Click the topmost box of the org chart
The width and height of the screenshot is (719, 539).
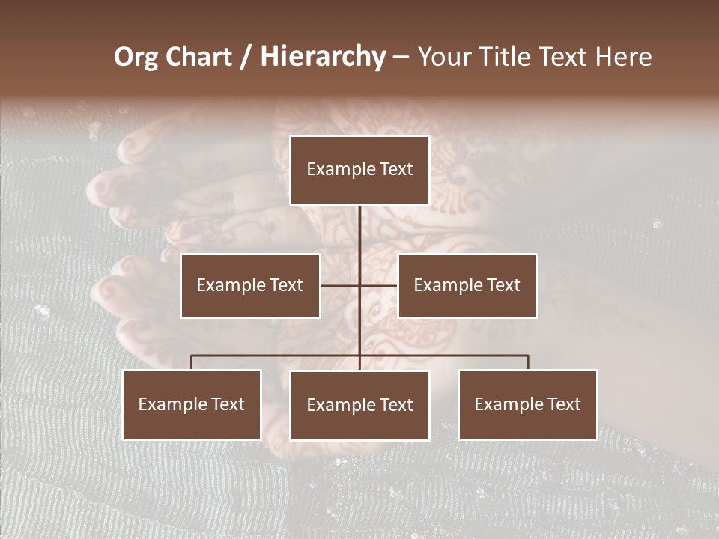pos(359,170)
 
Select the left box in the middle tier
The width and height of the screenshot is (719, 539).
pos(250,285)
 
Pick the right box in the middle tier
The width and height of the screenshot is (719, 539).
pos(467,285)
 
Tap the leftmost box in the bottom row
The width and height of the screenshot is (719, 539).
pos(192,404)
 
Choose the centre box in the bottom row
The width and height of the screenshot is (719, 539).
pos(359,405)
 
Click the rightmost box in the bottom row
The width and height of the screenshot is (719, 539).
pos(527,404)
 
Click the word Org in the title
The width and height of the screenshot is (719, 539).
pos(136,57)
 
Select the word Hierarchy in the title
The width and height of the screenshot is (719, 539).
pos(323,57)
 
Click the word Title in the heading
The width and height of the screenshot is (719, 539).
pos(510,57)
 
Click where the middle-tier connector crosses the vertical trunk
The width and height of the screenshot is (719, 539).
pos(359,285)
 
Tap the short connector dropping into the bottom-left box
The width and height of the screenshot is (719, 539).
pos(192,362)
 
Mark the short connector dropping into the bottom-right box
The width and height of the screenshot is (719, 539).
pos(528,362)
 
